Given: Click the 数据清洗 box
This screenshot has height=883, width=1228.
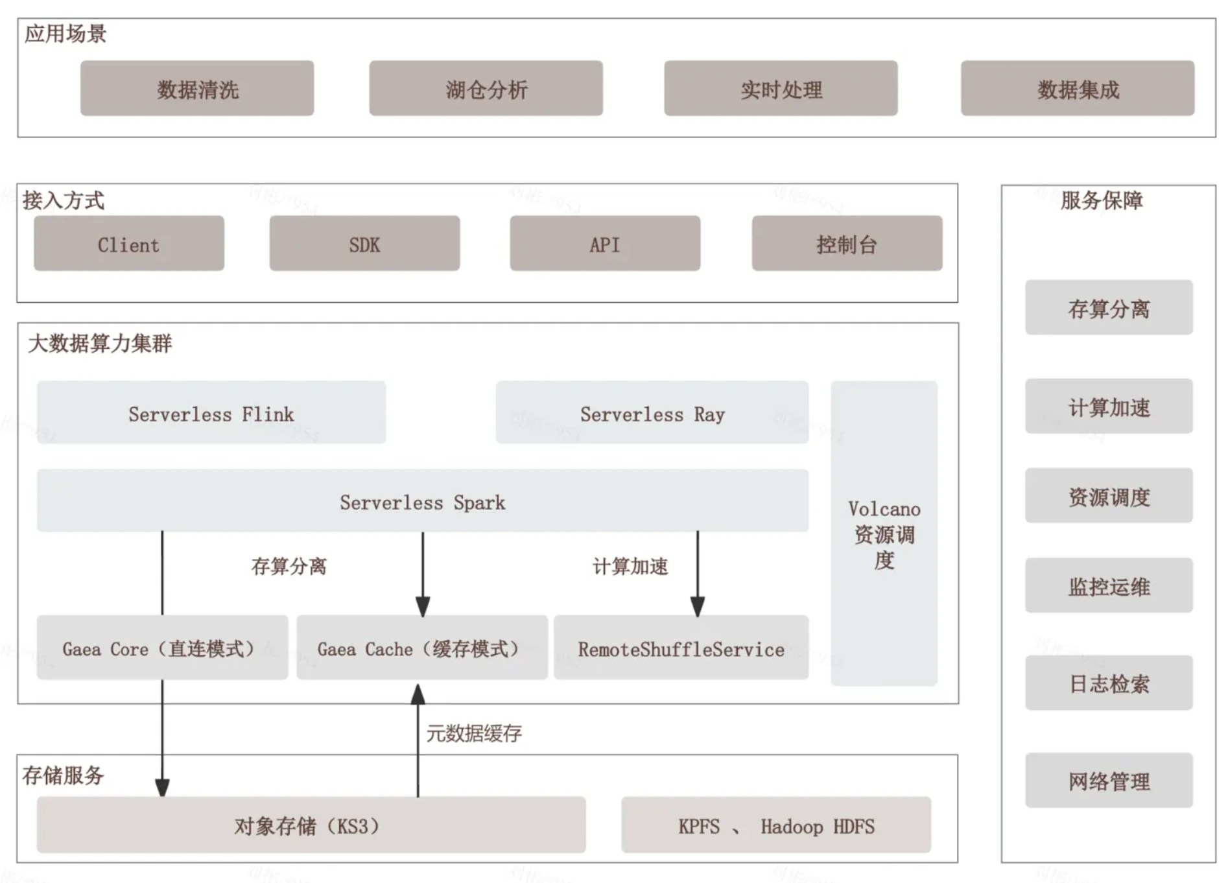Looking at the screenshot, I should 197,89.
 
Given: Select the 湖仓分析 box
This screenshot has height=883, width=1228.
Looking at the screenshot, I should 486,89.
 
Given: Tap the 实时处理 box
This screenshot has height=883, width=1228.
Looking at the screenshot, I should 781,89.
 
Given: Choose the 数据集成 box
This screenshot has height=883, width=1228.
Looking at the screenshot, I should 1077,89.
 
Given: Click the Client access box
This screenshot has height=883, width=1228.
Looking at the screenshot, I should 129,244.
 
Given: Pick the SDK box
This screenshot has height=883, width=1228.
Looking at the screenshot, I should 364,244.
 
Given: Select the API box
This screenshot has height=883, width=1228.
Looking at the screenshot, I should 604,244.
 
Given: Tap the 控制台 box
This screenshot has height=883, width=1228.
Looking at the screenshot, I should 847,244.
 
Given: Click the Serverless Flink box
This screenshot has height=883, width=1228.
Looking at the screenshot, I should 211,413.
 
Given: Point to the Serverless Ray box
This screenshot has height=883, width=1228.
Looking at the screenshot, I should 652,413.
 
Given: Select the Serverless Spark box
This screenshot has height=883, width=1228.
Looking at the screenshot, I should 422,501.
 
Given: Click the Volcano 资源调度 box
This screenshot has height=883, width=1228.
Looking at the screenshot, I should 884,533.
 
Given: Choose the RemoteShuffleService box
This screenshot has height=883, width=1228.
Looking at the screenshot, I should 681,648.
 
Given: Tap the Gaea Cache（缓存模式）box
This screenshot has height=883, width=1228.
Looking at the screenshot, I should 421,648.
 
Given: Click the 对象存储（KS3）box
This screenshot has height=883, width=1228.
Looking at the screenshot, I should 311,825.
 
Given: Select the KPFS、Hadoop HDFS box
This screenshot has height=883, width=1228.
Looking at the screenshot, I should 775,825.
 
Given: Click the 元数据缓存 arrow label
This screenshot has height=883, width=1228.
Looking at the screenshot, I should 473,733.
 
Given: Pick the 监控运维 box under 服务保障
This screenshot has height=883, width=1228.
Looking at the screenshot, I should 1109,586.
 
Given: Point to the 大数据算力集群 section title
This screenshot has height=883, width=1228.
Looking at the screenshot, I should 100,343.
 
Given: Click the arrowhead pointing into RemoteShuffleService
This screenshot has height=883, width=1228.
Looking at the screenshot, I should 698,607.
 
